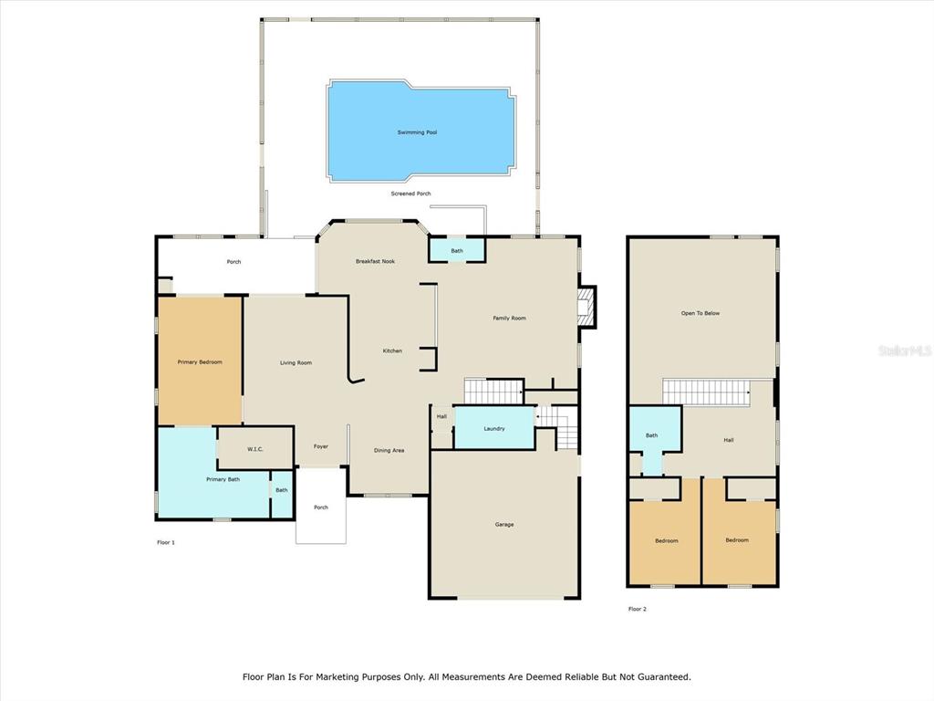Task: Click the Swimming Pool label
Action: [x=417, y=132]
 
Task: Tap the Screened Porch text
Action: [x=410, y=194]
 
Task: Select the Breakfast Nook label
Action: [x=375, y=261]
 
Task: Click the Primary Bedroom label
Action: [x=200, y=361]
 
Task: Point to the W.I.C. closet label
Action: [x=255, y=449]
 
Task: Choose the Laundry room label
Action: [x=493, y=429]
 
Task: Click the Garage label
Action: [x=503, y=525]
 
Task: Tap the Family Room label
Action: [x=509, y=319]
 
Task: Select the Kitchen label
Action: [x=392, y=351]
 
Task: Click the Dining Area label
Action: [x=389, y=451]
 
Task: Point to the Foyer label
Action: [x=320, y=446]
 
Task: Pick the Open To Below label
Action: [x=700, y=313]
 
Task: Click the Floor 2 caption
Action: [x=637, y=609]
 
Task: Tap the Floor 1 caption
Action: [x=166, y=542]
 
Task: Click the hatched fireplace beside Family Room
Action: [x=586, y=307]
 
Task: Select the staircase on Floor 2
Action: [x=706, y=392]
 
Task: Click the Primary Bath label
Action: [x=223, y=479]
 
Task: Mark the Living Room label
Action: [x=296, y=362]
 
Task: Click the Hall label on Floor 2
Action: [x=729, y=440]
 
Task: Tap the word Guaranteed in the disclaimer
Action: [x=664, y=677]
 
